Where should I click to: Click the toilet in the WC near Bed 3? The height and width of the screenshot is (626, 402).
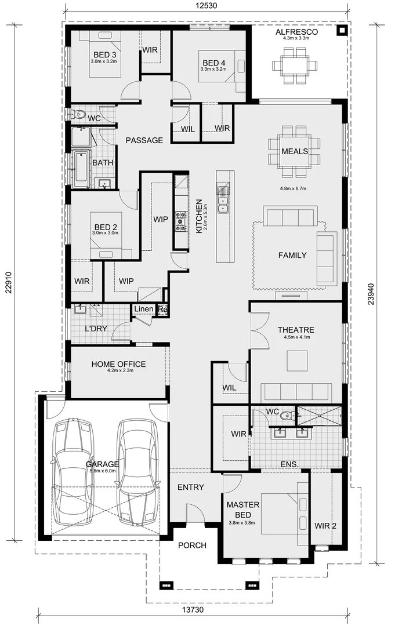(79, 114)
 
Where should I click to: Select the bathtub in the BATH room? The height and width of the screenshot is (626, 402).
(81, 169)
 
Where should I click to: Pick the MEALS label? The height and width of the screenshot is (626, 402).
(295, 151)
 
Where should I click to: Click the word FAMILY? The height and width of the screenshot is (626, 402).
(292, 255)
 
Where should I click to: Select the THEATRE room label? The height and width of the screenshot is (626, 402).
(295, 329)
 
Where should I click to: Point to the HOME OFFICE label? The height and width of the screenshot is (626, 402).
(118, 364)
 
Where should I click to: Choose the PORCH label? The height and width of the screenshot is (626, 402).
(192, 545)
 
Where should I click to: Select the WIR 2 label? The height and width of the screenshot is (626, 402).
(325, 526)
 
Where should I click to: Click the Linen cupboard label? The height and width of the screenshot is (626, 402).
(143, 310)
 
